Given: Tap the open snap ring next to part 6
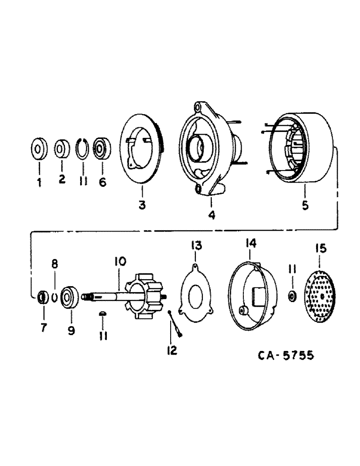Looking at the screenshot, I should coord(83,149).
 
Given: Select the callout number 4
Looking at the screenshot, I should coord(211,215).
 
